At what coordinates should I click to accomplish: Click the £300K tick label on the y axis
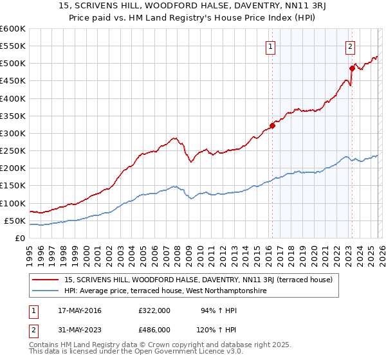pos(12,133)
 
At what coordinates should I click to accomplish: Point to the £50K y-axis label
pos(14,221)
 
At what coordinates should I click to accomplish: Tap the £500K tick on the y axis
pos(12,64)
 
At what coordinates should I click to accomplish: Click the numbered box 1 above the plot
pos(271,46)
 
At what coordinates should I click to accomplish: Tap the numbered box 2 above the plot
pos(350,46)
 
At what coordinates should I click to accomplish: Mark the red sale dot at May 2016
pos(272,125)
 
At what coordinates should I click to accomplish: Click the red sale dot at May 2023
pos(352,68)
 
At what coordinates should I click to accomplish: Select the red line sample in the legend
pos(46,280)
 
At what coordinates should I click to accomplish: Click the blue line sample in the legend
pos(46,291)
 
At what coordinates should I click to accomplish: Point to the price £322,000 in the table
pos(154,310)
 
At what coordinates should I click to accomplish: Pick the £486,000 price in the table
pos(154,329)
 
